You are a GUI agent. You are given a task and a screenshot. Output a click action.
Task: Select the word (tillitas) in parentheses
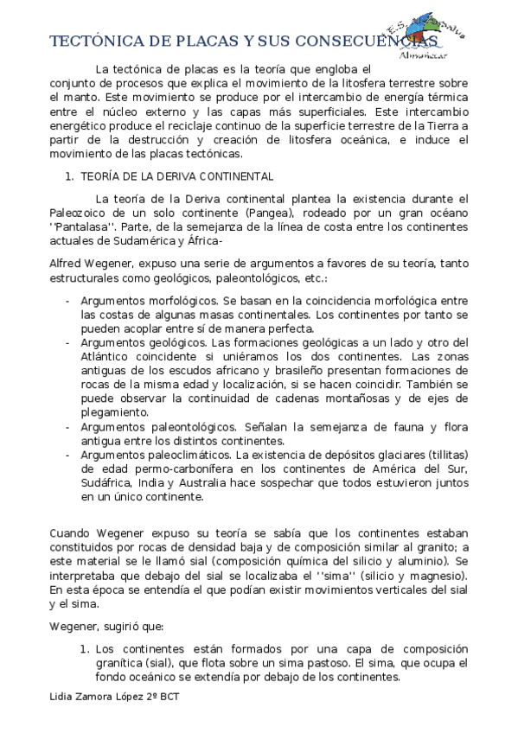click(440, 455)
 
